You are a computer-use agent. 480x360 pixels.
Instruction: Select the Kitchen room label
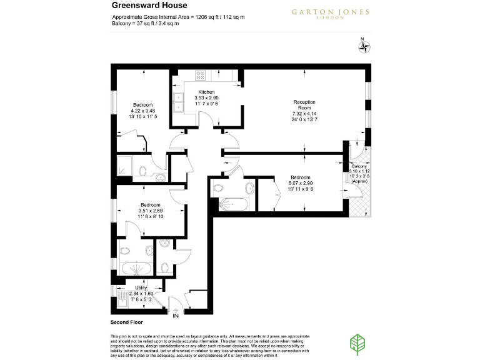click(x=206, y=92)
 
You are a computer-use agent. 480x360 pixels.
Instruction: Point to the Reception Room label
click(x=305, y=105)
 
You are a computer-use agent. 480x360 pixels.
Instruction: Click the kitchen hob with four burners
click(x=201, y=75)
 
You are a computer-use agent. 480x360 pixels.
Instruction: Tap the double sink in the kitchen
click(x=177, y=101)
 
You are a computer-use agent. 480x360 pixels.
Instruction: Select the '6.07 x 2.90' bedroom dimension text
click(x=301, y=182)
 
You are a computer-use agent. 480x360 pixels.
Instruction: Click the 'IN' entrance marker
click(x=175, y=315)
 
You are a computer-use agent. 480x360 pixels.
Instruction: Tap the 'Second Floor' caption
click(x=127, y=322)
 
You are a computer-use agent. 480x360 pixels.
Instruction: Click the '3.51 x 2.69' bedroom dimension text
click(x=151, y=211)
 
